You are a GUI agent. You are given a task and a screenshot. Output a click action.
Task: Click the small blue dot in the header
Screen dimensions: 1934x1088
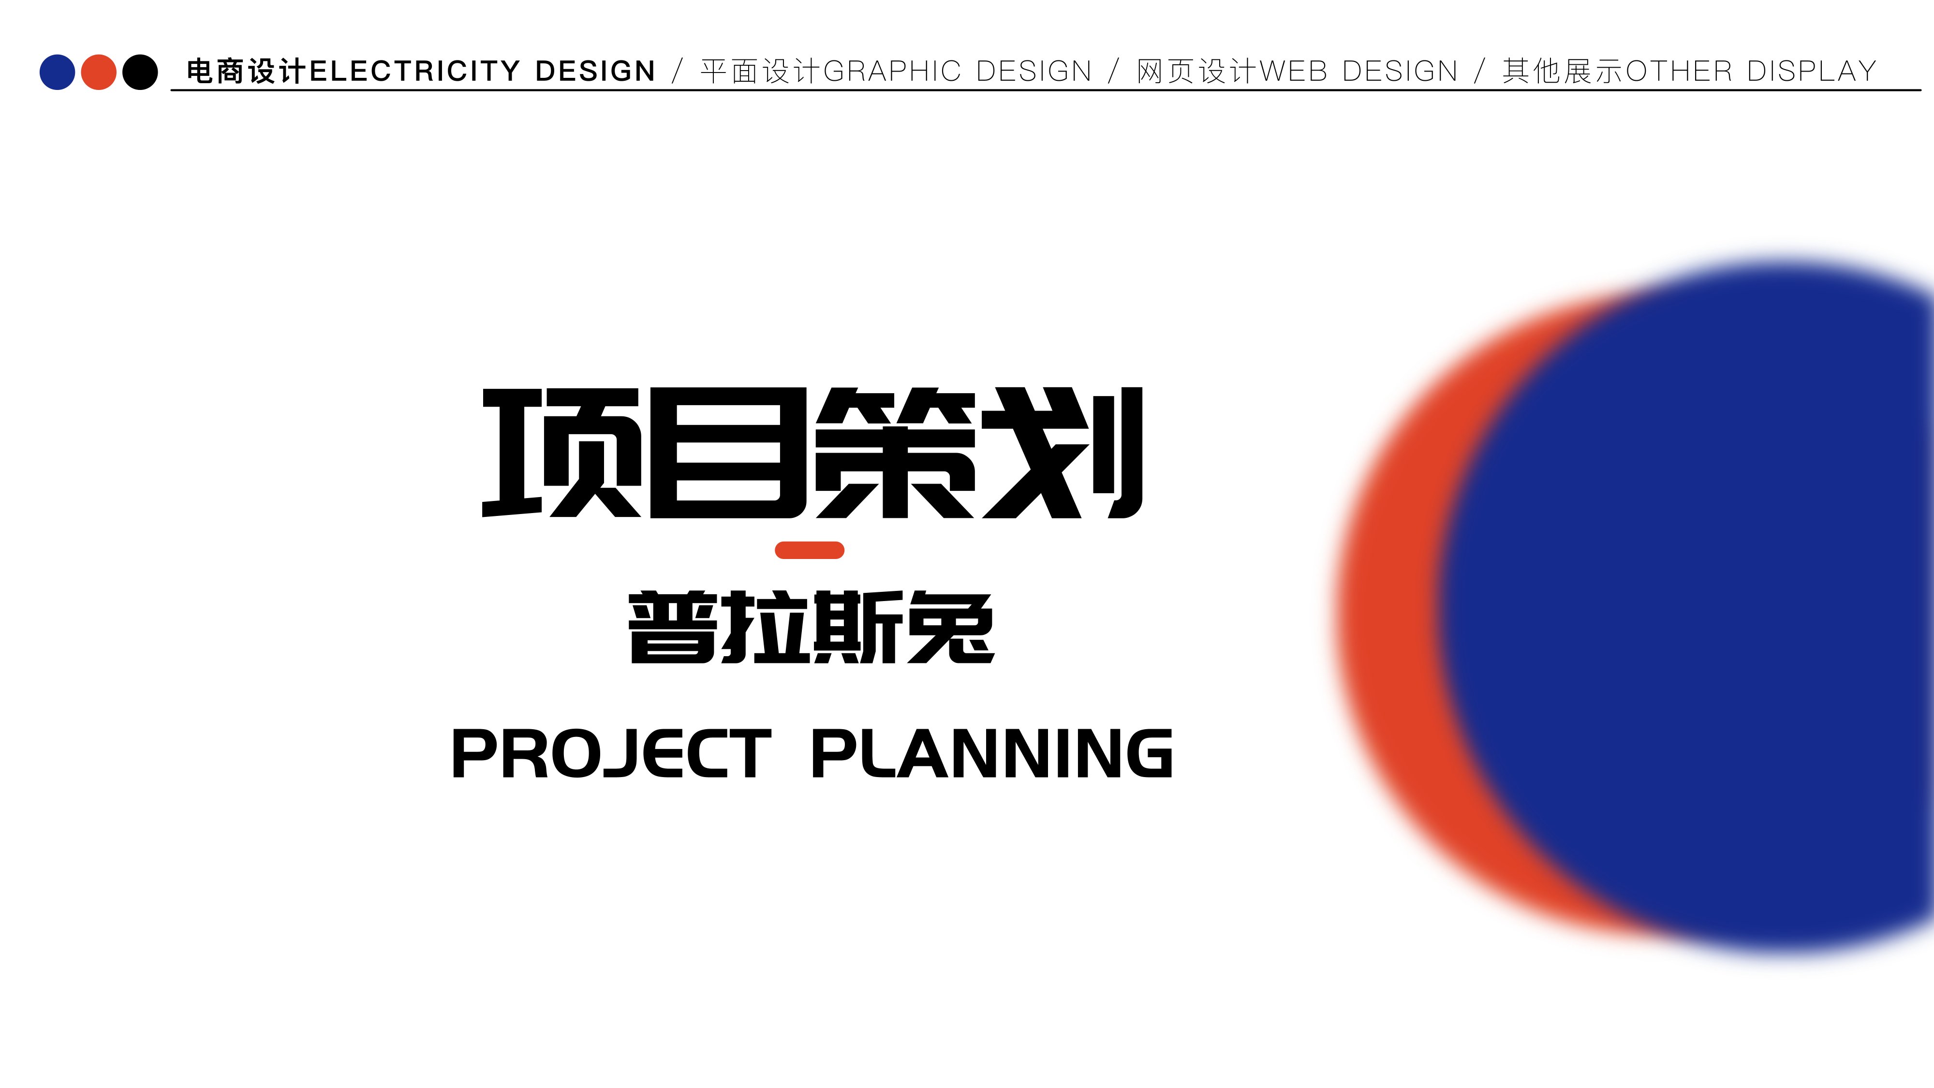57,72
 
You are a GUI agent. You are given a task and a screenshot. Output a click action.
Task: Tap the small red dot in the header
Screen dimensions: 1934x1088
98,72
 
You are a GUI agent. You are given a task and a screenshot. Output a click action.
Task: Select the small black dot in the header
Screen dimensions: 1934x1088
140,72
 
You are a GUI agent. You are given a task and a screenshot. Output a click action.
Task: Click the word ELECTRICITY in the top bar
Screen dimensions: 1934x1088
414,72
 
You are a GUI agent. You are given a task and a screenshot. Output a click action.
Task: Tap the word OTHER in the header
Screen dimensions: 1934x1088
1679,72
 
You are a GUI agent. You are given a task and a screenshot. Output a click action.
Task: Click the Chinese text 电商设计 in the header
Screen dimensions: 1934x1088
247,72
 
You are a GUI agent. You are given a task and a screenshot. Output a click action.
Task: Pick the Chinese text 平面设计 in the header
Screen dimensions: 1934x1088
761,72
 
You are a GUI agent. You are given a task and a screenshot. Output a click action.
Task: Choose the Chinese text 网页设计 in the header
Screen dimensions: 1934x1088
1197,72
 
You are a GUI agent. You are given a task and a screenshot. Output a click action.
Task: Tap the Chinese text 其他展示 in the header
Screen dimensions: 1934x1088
1563,72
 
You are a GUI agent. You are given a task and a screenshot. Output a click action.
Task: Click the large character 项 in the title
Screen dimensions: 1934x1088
561,453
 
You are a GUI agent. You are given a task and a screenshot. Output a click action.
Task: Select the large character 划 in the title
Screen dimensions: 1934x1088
1063,453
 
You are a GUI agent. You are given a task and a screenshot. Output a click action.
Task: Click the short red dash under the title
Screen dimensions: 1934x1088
809,550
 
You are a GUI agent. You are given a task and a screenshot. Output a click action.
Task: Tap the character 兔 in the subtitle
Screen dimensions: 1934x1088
950,627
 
